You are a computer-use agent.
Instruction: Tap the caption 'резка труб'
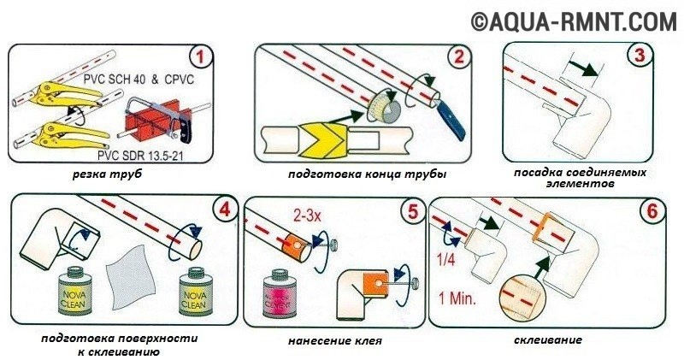(106, 175)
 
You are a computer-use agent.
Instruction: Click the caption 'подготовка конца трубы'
(369, 175)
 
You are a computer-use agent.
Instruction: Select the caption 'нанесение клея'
(335, 341)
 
